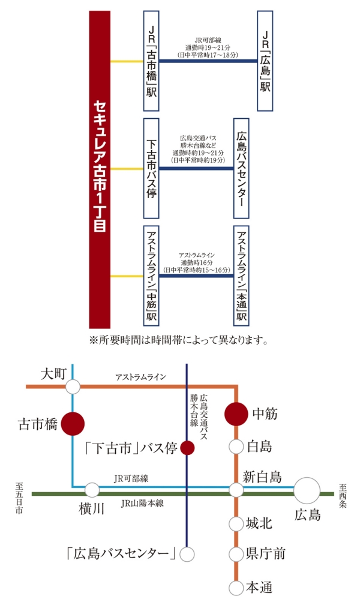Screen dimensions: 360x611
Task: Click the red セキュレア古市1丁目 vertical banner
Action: click(x=100, y=169)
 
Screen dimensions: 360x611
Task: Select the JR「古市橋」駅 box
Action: click(x=151, y=61)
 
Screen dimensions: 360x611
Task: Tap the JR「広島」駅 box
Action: click(x=265, y=61)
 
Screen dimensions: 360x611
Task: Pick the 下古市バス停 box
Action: click(x=151, y=168)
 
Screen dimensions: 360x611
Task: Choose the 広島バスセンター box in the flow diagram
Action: click(x=241, y=168)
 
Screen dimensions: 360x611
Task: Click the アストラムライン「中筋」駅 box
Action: click(x=151, y=275)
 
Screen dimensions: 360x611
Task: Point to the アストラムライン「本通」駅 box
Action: click(x=241, y=275)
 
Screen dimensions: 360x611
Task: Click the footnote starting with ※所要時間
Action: click(x=179, y=340)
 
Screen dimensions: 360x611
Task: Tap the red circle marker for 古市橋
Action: click(x=73, y=424)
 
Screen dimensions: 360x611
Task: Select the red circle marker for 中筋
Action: click(x=236, y=414)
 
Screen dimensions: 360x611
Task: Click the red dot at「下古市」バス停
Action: click(x=187, y=448)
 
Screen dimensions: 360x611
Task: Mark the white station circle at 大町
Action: click(x=73, y=387)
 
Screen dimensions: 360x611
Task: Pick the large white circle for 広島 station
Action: click(x=307, y=490)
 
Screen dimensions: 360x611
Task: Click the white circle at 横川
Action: click(x=92, y=490)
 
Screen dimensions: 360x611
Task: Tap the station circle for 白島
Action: click(x=236, y=447)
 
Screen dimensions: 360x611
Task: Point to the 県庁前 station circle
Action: click(x=236, y=553)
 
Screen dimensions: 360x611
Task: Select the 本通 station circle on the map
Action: click(x=236, y=588)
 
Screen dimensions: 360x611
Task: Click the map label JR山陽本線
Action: click(x=142, y=503)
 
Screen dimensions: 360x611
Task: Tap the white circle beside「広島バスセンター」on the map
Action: click(x=187, y=554)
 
